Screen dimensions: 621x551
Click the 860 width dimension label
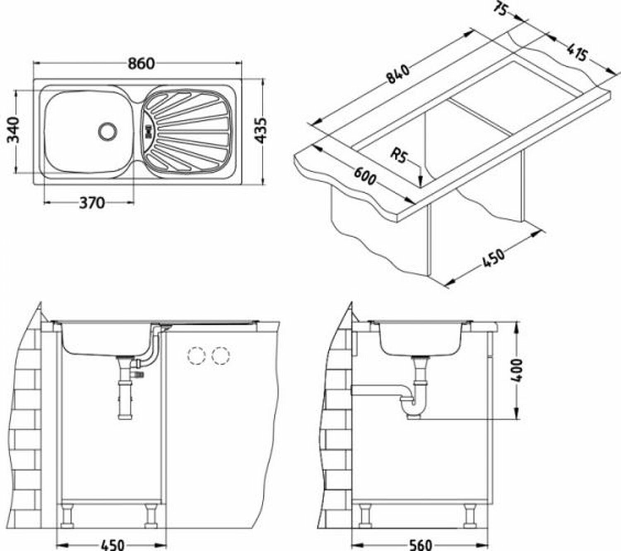(141, 63)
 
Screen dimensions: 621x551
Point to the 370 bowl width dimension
(92, 203)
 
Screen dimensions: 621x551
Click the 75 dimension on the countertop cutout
(501, 10)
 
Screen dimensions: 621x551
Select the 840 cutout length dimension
(397, 74)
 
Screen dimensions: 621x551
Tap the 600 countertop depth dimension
(364, 175)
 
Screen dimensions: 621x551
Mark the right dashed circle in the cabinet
(220, 355)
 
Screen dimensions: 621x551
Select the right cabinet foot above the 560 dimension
(470, 516)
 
